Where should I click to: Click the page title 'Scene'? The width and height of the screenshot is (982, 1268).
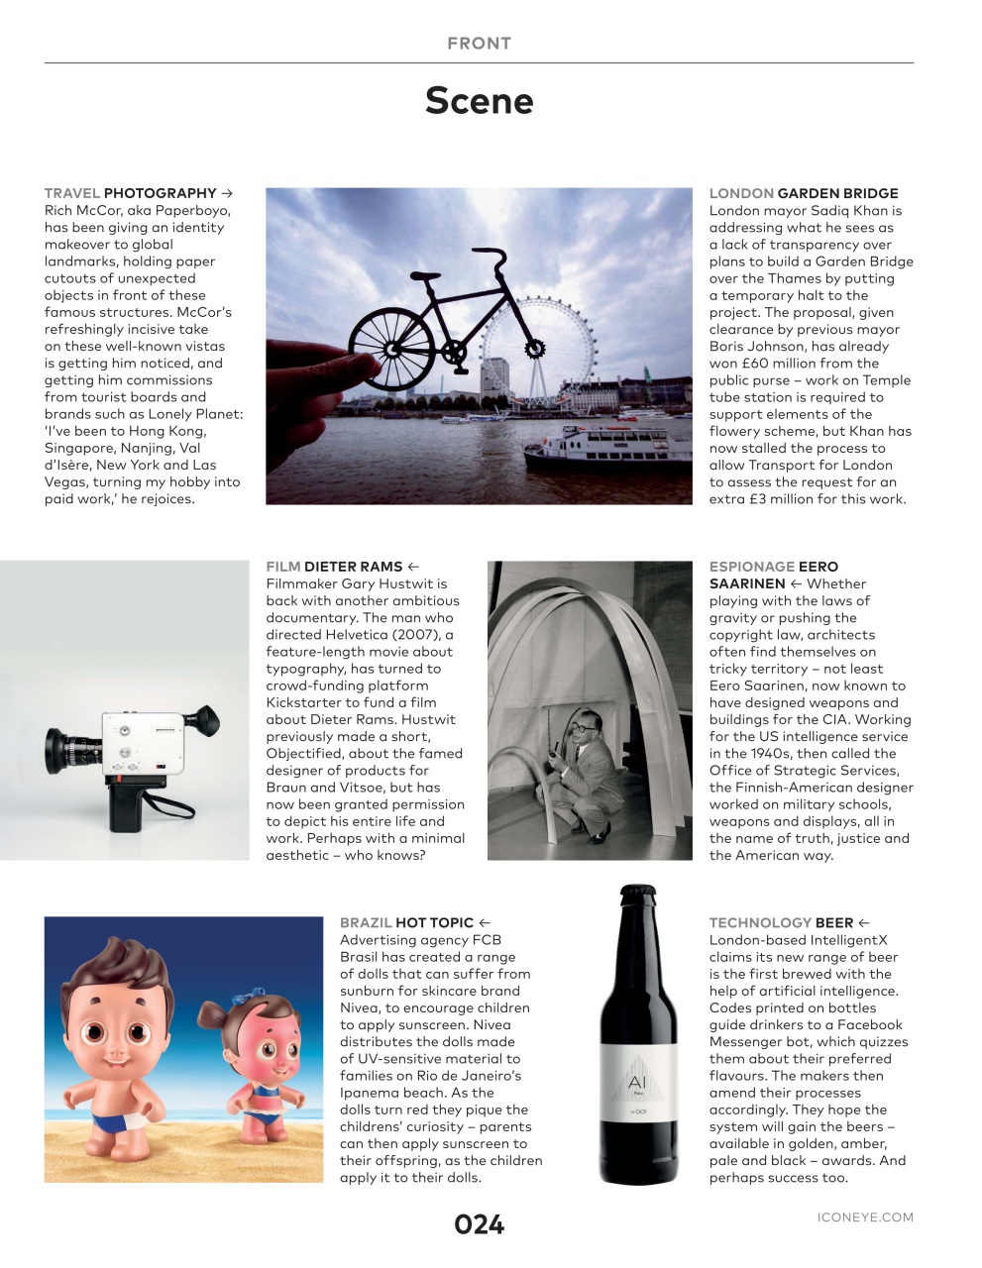(x=479, y=100)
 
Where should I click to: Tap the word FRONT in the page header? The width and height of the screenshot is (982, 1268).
(x=479, y=43)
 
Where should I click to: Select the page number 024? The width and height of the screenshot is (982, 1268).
(x=479, y=1224)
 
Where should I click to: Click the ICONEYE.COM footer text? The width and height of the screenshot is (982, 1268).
(x=865, y=1217)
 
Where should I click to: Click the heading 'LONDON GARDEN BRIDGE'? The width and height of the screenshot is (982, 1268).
(x=804, y=193)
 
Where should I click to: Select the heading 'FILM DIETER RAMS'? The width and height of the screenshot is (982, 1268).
(x=334, y=567)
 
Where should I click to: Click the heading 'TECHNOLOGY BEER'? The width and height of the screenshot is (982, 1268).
(x=781, y=922)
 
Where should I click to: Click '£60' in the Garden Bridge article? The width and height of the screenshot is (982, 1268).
(x=756, y=363)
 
